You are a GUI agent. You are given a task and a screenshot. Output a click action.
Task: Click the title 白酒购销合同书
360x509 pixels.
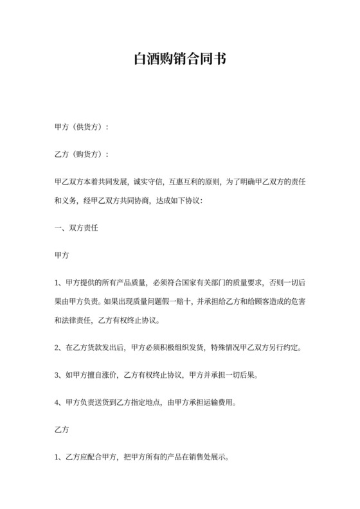179,60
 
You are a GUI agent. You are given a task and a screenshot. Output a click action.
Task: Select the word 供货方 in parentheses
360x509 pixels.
87,127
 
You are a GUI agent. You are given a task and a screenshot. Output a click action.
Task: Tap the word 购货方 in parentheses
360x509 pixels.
87,155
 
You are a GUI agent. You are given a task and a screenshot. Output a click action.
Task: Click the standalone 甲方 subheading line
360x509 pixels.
62,255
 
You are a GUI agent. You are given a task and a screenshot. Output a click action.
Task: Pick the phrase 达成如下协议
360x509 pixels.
179,201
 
